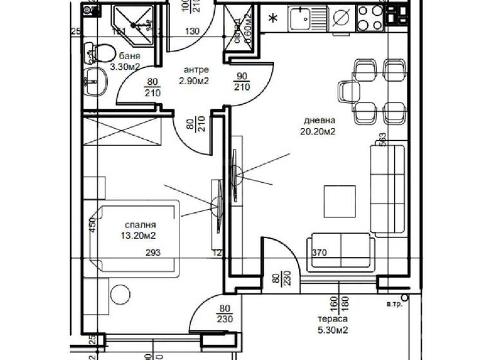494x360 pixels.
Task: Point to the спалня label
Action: click(140, 226)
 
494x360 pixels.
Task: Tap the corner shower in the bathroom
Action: click(134, 24)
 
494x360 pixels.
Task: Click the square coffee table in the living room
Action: click(339, 201)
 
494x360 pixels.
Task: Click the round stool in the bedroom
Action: click(120, 295)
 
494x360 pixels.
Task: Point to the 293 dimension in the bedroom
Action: click(152, 253)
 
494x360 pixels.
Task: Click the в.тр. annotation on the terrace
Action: click(394, 304)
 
